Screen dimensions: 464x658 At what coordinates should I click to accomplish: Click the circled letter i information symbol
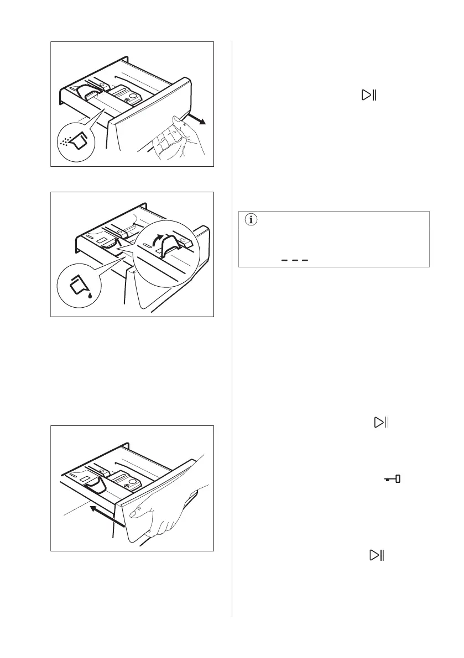tap(252, 219)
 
